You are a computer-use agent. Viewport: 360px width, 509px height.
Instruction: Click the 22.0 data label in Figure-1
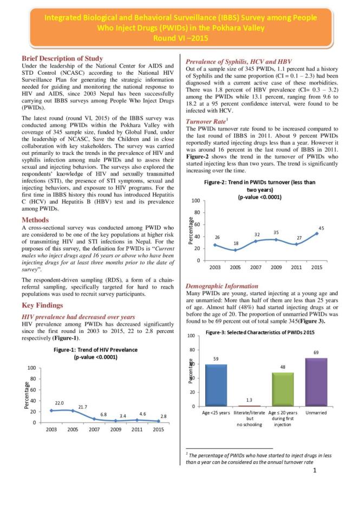tap(60, 403)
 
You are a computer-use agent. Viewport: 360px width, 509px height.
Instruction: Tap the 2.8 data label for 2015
tap(163, 415)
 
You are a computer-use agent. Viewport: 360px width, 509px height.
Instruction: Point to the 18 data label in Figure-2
tap(236, 244)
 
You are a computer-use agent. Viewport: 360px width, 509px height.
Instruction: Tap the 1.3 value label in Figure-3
tap(249, 401)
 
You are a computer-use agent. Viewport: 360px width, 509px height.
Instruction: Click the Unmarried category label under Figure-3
tap(316, 413)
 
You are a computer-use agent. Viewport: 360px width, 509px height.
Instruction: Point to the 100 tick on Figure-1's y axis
tap(31, 368)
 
